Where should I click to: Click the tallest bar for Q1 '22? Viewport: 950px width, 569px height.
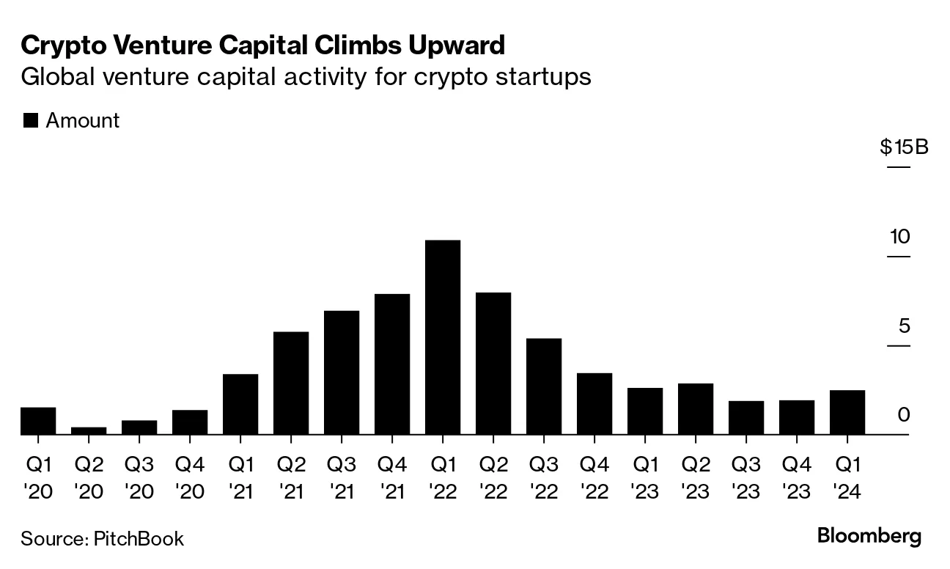point(443,337)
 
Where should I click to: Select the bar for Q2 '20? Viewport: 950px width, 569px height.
point(89,430)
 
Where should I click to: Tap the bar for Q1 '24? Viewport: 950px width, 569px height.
point(847,412)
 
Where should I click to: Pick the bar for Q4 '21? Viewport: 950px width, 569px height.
point(392,364)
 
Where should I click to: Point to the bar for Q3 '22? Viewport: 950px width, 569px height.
point(544,386)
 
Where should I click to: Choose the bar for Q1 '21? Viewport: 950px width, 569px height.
point(240,404)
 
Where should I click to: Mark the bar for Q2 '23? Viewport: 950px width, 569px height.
point(696,408)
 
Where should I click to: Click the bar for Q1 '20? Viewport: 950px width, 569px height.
point(38,421)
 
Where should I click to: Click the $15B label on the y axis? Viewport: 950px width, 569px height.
point(904,147)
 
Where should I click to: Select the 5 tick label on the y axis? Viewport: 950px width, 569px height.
point(903,326)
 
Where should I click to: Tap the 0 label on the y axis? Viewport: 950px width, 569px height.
point(903,415)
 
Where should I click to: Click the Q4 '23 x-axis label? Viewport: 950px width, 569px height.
point(796,477)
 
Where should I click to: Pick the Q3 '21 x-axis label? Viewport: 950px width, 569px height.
point(342,477)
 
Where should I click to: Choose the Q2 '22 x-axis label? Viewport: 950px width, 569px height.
point(493,477)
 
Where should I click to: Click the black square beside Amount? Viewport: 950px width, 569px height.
point(30,121)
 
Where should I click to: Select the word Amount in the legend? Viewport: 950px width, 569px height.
point(82,121)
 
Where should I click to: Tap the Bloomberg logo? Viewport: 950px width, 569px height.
point(869,536)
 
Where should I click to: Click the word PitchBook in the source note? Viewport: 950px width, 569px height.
point(139,540)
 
